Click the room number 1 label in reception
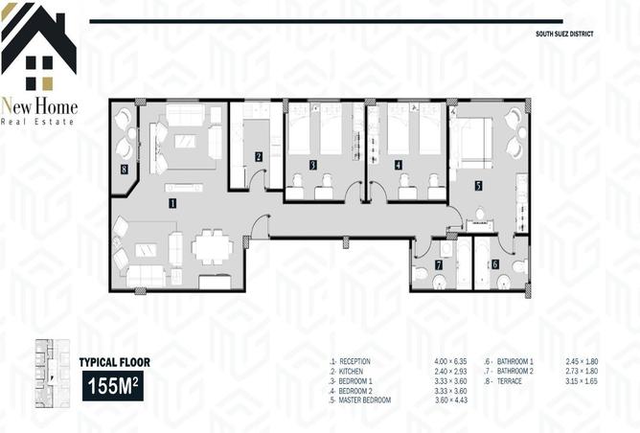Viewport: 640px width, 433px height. [x=172, y=203]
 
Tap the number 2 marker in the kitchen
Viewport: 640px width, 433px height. [x=259, y=156]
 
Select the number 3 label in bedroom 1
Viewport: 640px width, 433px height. [x=313, y=165]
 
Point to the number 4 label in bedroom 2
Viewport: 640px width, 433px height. [x=398, y=165]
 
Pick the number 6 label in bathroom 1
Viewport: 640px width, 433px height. [x=494, y=263]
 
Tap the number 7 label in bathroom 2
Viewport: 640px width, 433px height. [x=439, y=263]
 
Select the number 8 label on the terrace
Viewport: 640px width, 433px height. [x=125, y=169]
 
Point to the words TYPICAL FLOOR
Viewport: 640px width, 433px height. [x=114, y=362]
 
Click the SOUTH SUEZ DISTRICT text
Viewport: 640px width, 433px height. [x=565, y=34]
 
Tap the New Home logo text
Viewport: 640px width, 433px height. [x=39, y=107]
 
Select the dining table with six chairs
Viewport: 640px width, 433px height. [x=213, y=247]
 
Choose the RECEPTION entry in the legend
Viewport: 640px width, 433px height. [x=354, y=361]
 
